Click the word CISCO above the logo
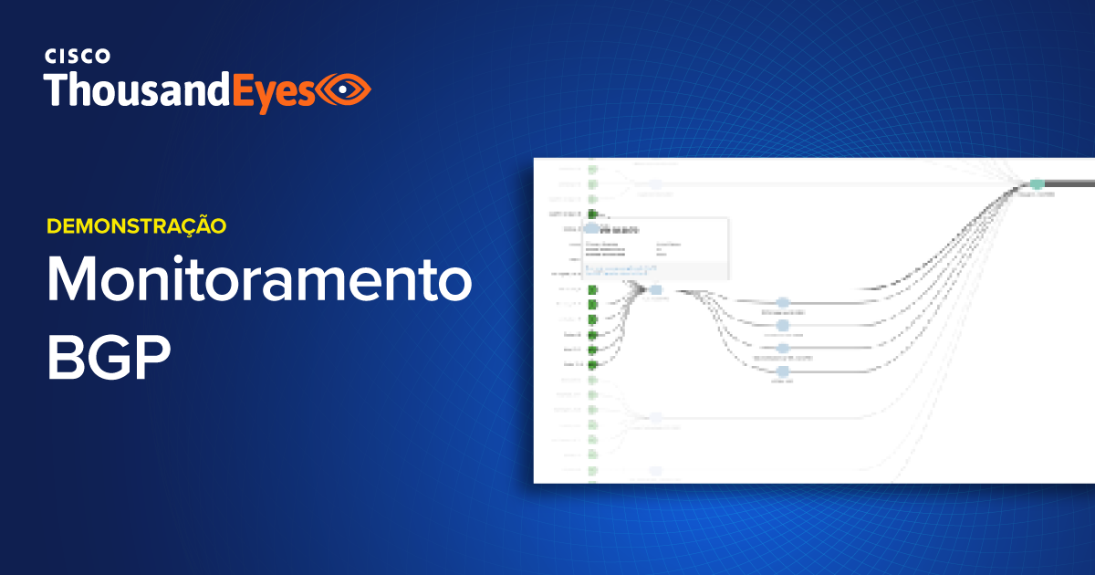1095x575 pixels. point(78,57)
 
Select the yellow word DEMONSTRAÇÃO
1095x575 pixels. point(136,225)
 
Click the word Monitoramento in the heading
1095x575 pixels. point(260,282)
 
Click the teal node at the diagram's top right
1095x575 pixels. point(1037,184)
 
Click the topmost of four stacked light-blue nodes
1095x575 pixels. point(782,303)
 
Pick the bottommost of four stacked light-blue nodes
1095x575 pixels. point(782,371)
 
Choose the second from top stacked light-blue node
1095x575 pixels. point(782,326)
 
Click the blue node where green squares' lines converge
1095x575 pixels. point(655,290)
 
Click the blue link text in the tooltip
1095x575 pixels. point(620,269)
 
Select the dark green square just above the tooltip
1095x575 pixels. point(592,214)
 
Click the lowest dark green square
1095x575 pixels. point(592,364)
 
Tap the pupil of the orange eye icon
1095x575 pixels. point(345,89)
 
